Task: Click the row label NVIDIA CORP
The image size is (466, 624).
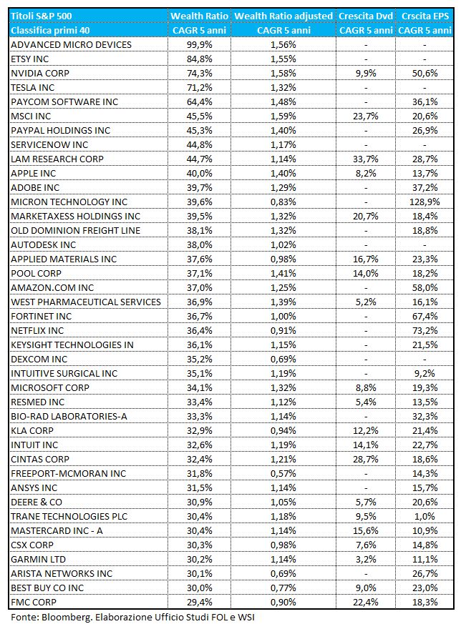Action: (40, 73)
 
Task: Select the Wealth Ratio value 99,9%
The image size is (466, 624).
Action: (199, 44)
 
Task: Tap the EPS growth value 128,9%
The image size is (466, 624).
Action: (424, 202)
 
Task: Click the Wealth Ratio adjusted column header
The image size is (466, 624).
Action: (283, 16)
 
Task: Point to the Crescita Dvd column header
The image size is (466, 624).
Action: (366, 16)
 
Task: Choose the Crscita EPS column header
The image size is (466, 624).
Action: (425, 16)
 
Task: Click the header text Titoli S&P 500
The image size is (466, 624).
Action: (41, 16)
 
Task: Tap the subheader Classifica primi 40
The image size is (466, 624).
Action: (50, 30)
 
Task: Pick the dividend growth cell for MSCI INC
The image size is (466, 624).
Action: (366, 117)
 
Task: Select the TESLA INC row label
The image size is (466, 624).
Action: (32, 87)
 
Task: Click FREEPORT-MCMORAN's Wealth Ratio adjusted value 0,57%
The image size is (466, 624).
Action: (283, 474)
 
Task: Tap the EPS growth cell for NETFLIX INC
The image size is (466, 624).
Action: (425, 331)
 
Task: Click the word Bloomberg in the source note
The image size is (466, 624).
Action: (62, 618)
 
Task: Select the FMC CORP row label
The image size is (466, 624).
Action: (34, 602)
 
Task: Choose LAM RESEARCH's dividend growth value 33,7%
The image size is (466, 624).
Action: (366, 159)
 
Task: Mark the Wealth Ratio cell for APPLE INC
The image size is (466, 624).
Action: (199, 174)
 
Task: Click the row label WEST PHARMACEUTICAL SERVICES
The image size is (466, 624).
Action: (86, 302)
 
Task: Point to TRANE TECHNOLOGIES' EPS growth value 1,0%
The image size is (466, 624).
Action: (425, 517)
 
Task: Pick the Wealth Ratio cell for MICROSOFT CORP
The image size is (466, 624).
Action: (199, 387)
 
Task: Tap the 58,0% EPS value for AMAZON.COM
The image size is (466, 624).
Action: (425, 288)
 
